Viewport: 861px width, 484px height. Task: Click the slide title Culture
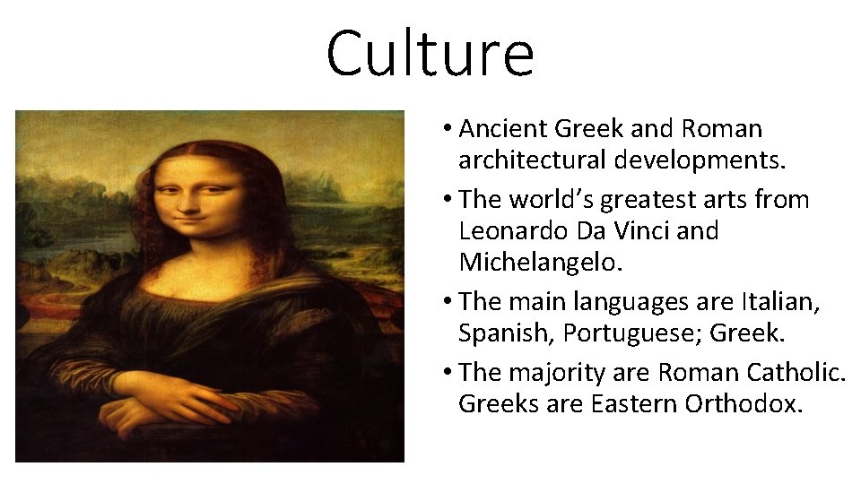430,54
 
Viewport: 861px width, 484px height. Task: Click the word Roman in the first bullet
722,129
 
